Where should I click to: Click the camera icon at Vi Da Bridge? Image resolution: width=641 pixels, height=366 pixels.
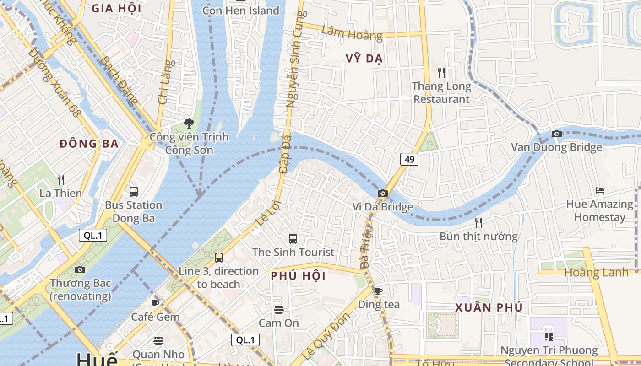(x=383, y=194)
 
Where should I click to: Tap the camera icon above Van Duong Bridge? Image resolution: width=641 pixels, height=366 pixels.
(x=557, y=134)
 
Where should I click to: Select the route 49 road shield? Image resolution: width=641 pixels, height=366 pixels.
(x=409, y=159)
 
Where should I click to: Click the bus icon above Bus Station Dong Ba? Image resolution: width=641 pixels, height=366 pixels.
(x=134, y=192)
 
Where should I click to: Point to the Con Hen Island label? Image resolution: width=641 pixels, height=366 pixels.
(x=240, y=10)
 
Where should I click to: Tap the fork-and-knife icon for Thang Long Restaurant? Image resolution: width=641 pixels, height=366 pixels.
(x=441, y=72)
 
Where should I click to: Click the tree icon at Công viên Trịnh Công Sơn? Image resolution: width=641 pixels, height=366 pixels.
(x=188, y=123)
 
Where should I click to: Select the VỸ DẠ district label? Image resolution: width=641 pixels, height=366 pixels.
(x=364, y=59)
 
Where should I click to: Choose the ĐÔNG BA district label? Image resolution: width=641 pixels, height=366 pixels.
(x=89, y=144)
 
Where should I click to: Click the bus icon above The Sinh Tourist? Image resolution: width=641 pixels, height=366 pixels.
(x=293, y=239)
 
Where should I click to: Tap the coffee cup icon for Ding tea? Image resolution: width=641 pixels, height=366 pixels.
(x=378, y=291)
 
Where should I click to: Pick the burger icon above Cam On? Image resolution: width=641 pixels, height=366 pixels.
(x=278, y=310)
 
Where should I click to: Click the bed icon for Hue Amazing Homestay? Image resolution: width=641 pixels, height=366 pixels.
(x=600, y=190)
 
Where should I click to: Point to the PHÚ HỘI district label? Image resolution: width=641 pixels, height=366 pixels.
(x=298, y=276)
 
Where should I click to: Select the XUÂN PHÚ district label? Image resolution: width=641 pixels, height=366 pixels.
(x=489, y=307)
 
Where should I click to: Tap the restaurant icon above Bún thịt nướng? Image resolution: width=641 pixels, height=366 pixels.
(x=478, y=223)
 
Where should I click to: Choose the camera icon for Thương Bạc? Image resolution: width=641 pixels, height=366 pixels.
(x=80, y=270)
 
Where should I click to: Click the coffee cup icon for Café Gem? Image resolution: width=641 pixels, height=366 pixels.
(x=155, y=303)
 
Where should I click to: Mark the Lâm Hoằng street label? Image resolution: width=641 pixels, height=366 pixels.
(x=352, y=32)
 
